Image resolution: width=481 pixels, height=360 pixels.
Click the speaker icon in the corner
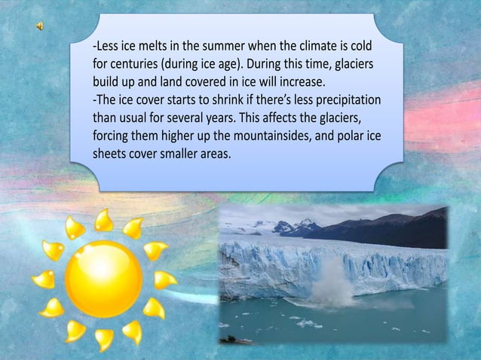[39, 27]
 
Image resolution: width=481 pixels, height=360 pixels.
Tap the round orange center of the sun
[103, 278]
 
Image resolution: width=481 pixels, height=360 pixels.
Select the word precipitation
[344, 99]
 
